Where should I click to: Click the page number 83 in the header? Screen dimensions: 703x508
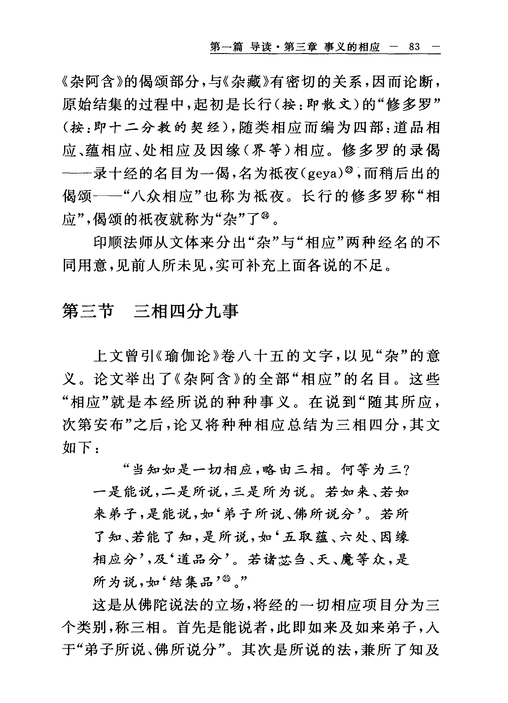tap(414, 47)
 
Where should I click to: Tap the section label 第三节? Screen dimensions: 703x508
tap(88, 311)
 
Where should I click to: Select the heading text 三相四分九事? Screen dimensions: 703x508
tap(186, 311)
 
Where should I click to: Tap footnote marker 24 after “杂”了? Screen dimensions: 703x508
tap(264, 216)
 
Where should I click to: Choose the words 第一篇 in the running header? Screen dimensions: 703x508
tap(226, 47)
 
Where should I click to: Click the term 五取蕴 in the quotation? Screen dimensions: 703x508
tap(305, 537)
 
